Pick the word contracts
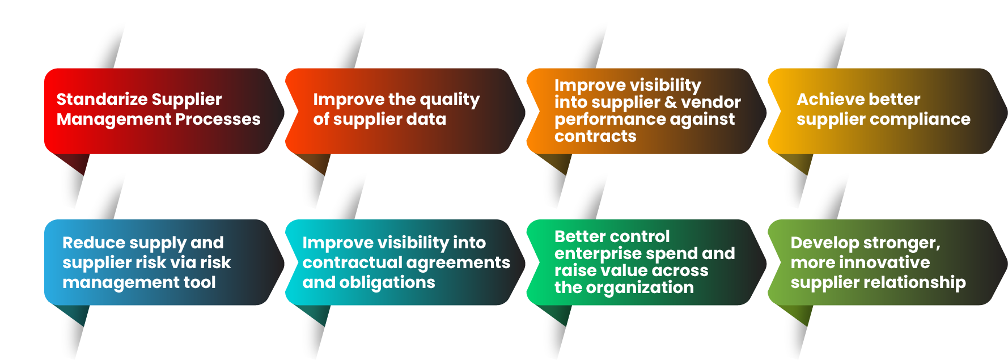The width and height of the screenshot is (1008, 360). [x=595, y=137]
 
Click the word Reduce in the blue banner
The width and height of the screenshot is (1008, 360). [x=94, y=243]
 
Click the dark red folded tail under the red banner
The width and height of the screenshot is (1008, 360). [x=73, y=163]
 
